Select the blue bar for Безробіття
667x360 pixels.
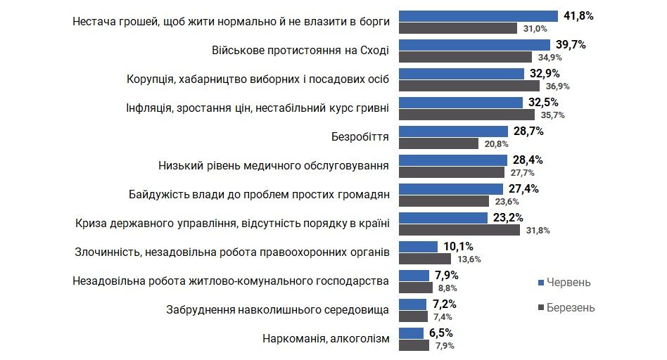pyautogui.click(x=453, y=131)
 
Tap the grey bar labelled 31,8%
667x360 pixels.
pyautogui.click(x=459, y=230)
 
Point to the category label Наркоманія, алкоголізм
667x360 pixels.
pyautogui.click(x=325, y=339)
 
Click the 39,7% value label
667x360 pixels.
pyautogui.click(x=570, y=44)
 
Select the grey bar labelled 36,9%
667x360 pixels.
pyautogui.click(x=469, y=86)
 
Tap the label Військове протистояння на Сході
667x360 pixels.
pyautogui.click(x=300, y=51)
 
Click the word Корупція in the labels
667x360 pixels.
pyautogui.click(x=151, y=79)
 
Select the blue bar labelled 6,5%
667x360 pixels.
pyautogui.click(x=412, y=333)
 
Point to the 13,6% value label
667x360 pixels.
pyautogui.click(x=467, y=259)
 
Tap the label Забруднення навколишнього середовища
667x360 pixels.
pyautogui.click(x=278, y=310)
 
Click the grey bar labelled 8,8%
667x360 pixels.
pyautogui.click(x=416, y=288)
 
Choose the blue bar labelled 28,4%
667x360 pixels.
pyautogui.click(x=452, y=160)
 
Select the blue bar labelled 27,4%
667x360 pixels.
pyautogui.click(x=451, y=189)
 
